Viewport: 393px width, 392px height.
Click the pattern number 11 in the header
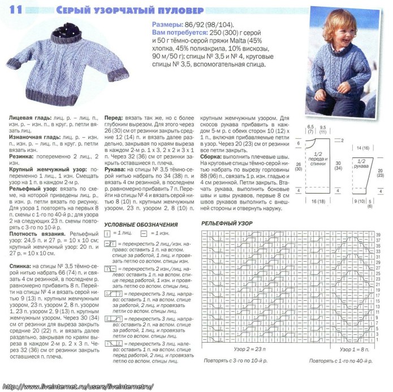(16, 10)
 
